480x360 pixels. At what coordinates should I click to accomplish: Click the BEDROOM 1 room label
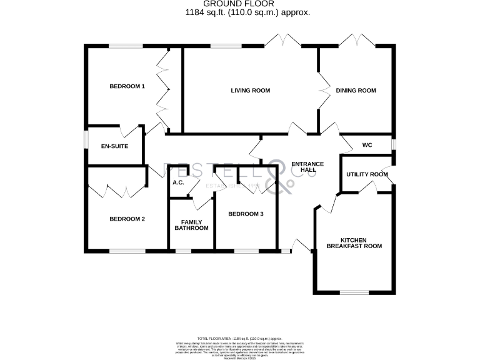pyautogui.click(x=127, y=86)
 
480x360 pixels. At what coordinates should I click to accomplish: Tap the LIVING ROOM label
pyautogui.click(x=250, y=91)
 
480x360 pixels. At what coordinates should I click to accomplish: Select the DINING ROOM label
pyautogui.click(x=356, y=91)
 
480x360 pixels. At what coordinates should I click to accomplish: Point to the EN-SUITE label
pyautogui.click(x=114, y=146)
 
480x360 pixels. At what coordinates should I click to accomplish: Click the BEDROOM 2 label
pyautogui.click(x=127, y=219)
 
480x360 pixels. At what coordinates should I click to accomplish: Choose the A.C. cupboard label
pyautogui.click(x=177, y=183)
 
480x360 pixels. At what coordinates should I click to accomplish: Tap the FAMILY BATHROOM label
pyautogui.click(x=191, y=225)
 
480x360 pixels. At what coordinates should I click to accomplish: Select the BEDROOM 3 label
pyautogui.click(x=246, y=214)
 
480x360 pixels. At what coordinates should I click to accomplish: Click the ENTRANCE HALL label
pyautogui.click(x=307, y=167)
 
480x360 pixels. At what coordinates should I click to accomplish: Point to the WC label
pyautogui.click(x=367, y=145)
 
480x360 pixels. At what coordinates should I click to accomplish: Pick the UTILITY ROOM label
pyautogui.click(x=362, y=174)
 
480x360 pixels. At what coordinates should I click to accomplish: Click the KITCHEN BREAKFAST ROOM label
pyautogui.click(x=354, y=243)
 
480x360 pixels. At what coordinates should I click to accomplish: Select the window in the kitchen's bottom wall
pyautogui.click(x=354, y=292)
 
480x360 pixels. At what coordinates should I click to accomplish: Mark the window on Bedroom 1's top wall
pyautogui.click(x=127, y=46)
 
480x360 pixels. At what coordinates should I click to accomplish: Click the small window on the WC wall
pyautogui.click(x=394, y=144)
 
